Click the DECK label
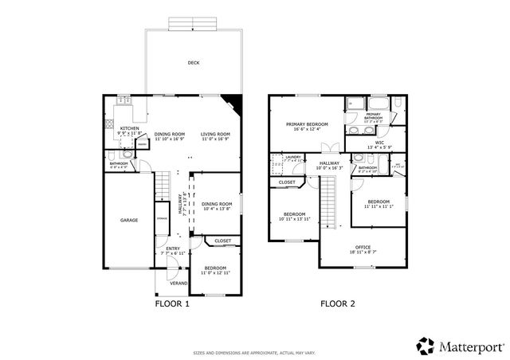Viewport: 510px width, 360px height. (x=193, y=62)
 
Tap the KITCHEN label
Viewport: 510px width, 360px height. (x=130, y=127)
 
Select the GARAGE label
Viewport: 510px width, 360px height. (x=129, y=220)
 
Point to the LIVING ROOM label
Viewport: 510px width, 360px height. (x=215, y=134)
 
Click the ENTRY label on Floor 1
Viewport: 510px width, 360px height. (x=172, y=248)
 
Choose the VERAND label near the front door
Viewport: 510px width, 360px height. (x=178, y=284)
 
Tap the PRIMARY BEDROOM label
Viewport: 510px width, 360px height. (x=307, y=125)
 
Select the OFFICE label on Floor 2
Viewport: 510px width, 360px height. (x=363, y=247)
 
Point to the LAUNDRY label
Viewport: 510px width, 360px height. (x=293, y=157)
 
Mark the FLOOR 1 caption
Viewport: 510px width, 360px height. (x=171, y=303)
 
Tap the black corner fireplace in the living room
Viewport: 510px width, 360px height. (x=233, y=103)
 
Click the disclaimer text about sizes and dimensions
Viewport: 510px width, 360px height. (x=255, y=351)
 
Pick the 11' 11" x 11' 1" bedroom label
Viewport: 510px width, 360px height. (x=379, y=202)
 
